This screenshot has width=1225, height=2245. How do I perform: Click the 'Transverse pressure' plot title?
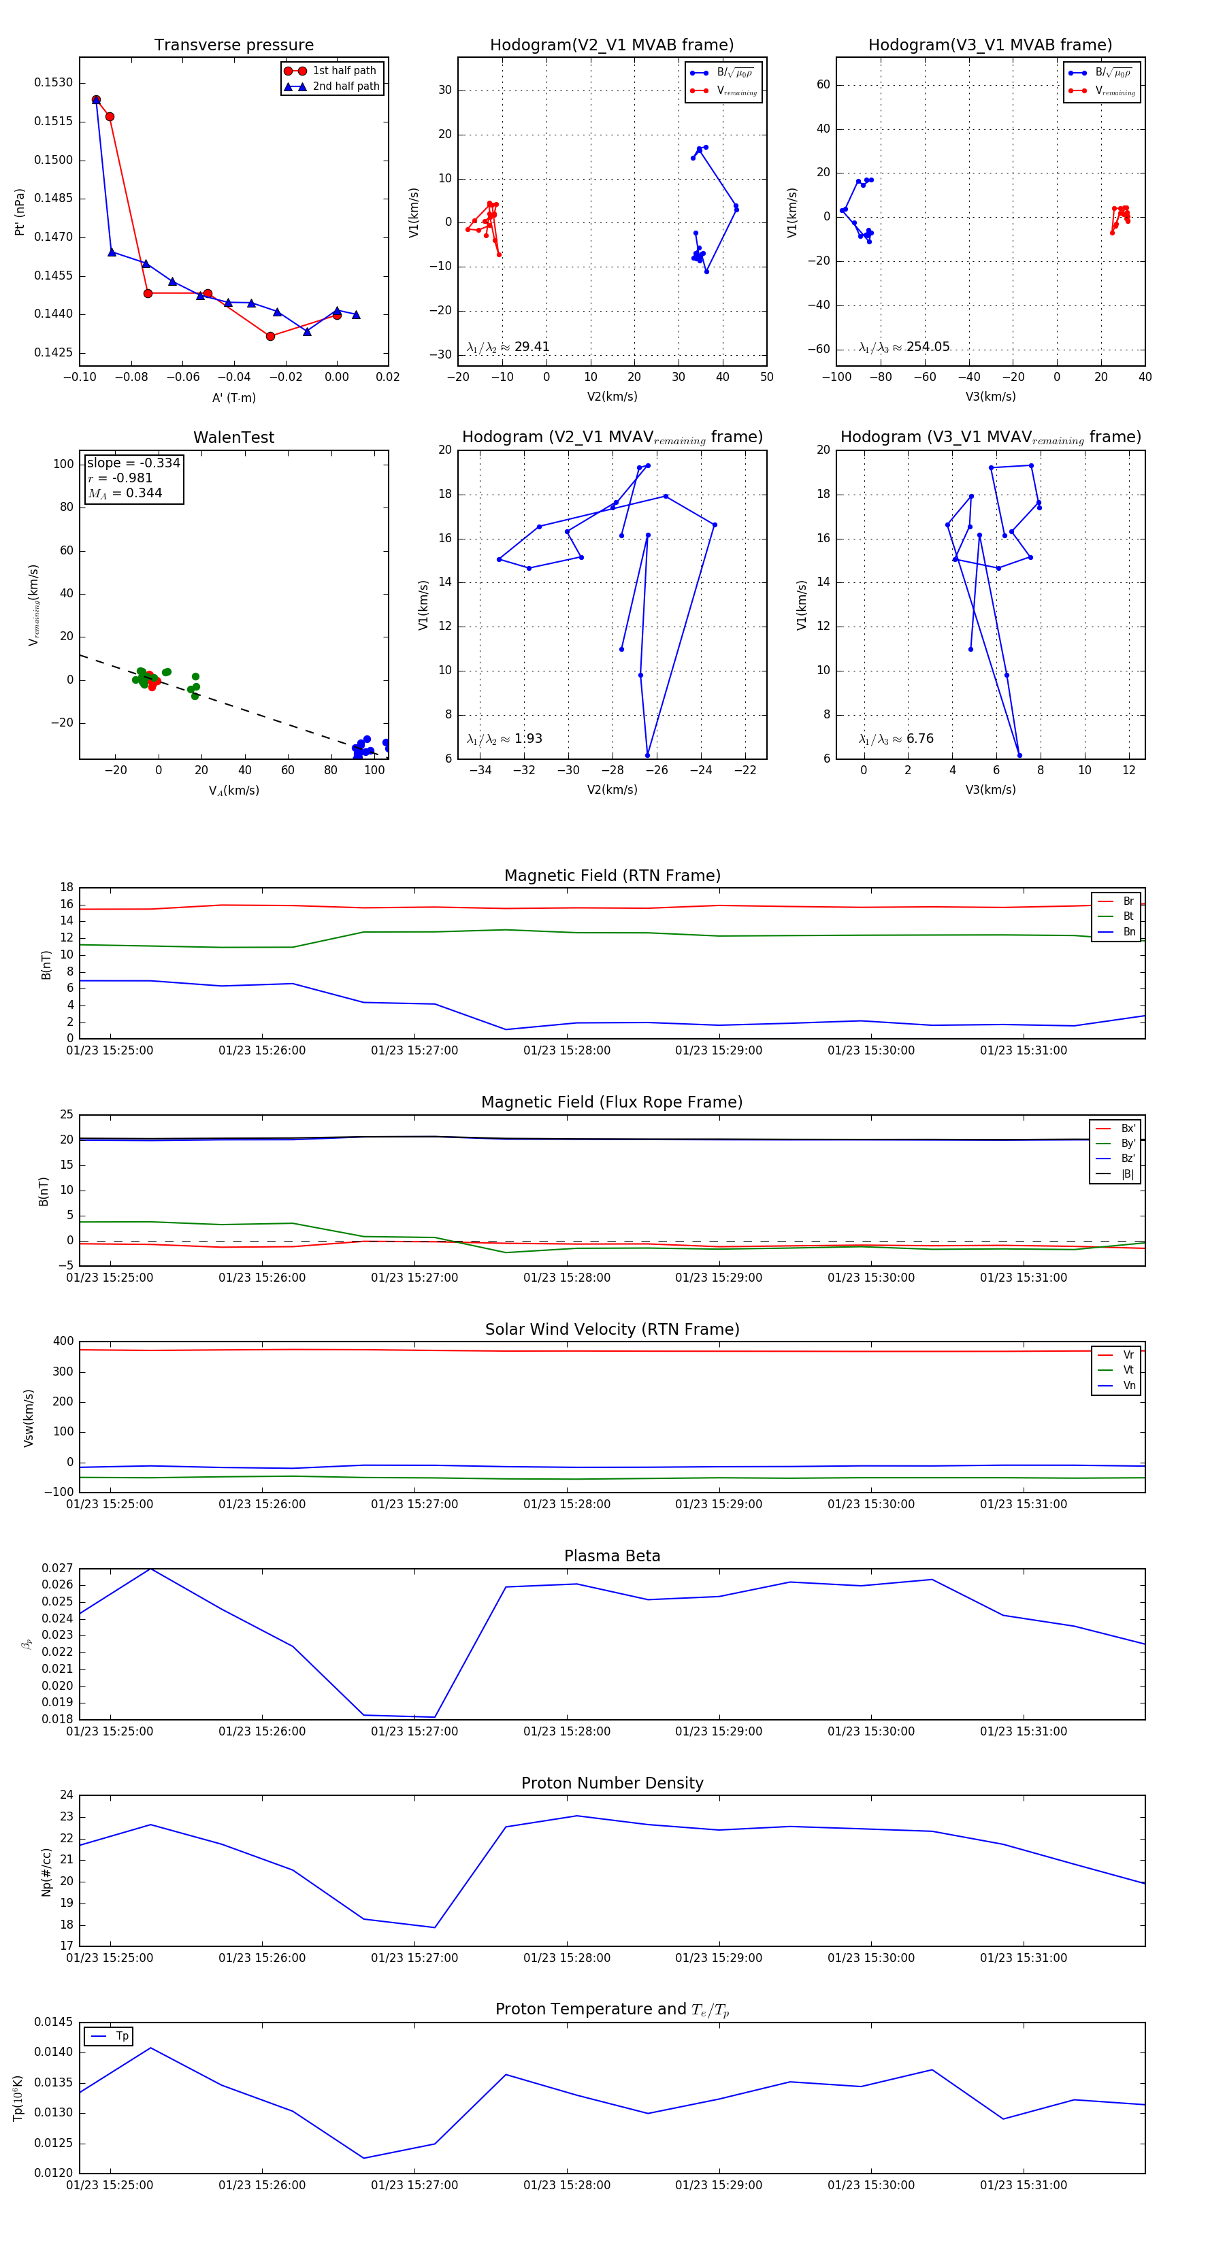click(x=233, y=46)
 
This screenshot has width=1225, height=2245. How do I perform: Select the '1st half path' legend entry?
click(x=344, y=71)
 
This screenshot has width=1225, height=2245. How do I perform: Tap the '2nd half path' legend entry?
click(x=345, y=86)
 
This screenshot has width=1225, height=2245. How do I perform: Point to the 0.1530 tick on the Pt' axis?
click(x=53, y=83)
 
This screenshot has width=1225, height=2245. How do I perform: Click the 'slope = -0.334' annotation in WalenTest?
click(x=133, y=463)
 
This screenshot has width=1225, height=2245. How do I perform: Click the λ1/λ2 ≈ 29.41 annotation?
click(x=508, y=347)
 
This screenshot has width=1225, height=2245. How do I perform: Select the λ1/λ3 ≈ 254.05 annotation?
click(x=904, y=347)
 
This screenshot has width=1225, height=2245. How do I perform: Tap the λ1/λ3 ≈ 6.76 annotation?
click(x=896, y=739)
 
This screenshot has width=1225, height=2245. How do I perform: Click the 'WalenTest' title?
click(x=233, y=437)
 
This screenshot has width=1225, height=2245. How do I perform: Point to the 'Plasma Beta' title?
click(x=612, y=1556)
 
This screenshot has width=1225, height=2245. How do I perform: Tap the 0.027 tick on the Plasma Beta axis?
click(x=58, y=1568)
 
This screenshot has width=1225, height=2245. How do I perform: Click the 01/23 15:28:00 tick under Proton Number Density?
click(x=567, y=1957)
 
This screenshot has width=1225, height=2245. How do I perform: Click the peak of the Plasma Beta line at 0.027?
click(x=151, y=1569)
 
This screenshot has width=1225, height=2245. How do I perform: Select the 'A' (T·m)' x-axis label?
click(x=233, y=397)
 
